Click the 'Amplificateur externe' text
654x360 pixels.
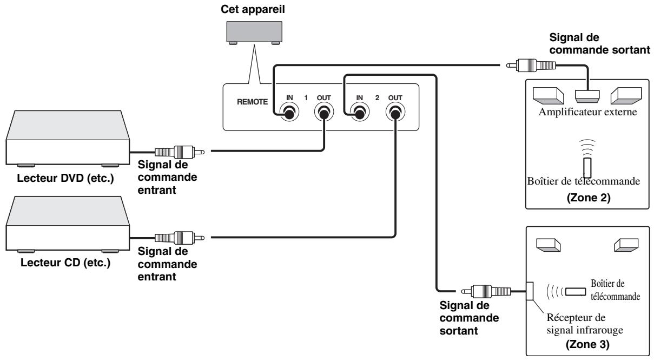click(x=586, y=112)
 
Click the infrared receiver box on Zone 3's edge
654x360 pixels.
click(x=530, y=291)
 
